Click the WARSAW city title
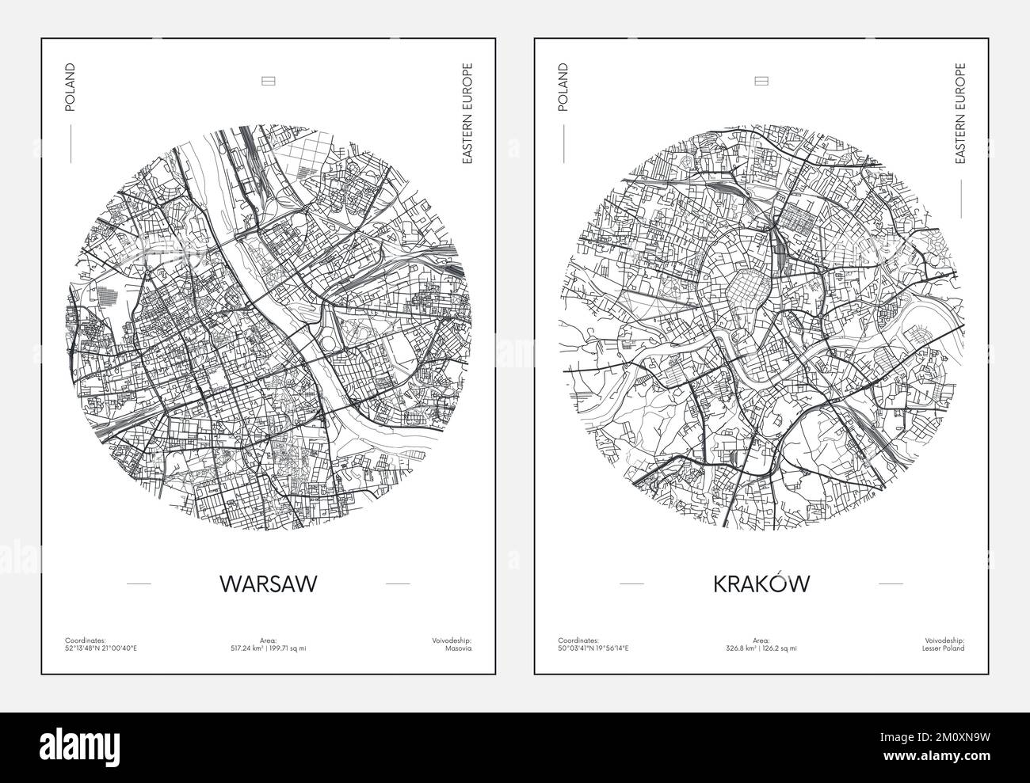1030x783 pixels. [x=268, y=583]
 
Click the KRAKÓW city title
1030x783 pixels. [x=761, y=583]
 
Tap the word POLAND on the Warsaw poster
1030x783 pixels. [x=70, y=87]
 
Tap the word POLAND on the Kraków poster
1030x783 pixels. [x=563, y=87]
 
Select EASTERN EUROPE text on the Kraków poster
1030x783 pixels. [x=960, y=113]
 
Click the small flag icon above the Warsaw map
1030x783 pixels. [x=268, y=81]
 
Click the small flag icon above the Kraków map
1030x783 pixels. [x=761, y=81]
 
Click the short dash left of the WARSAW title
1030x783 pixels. [x=139, y=583]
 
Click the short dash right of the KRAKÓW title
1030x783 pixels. [x=891, y=583]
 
